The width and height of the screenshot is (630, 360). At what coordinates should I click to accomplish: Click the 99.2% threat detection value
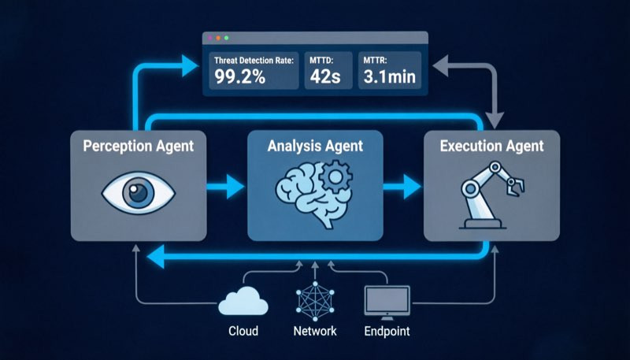click(x=240, y=76)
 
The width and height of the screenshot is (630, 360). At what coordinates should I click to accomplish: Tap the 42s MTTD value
click(x=325, y=76)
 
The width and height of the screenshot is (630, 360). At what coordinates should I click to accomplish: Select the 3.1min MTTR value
click(x=389, y=76)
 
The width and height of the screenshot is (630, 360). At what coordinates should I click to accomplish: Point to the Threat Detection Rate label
click(x=254, y=61)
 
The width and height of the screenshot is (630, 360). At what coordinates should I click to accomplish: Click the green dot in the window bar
click(x=227, y=38)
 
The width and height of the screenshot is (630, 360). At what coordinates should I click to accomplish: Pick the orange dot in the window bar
click(x=218, y=38)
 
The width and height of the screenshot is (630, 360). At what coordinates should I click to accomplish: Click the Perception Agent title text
click(x=139, y=146)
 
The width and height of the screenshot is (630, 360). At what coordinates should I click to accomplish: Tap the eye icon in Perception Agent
click(x=139, y=192)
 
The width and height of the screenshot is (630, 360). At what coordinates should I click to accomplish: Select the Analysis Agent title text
click(x=316, y=146)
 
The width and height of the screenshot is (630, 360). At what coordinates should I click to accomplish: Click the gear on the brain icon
click(x=335, y=176)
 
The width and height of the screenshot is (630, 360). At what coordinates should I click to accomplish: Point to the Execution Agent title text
click(x=491, y=146)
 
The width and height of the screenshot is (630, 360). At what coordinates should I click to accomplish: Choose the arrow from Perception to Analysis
click(x=225, y=187)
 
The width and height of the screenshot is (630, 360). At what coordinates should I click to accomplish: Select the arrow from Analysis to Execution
click(x=402, y=187)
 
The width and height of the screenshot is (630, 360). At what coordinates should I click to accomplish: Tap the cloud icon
click(x=243, y=302)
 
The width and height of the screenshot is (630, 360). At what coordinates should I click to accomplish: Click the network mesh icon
click(x=315, y=302)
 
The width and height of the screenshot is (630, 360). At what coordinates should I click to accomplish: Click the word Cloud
click(x=243, y=331)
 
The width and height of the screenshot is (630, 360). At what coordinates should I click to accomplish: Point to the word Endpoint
click(x=387, y=332)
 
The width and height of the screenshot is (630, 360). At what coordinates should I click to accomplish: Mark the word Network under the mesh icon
click(x=315, y=331)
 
